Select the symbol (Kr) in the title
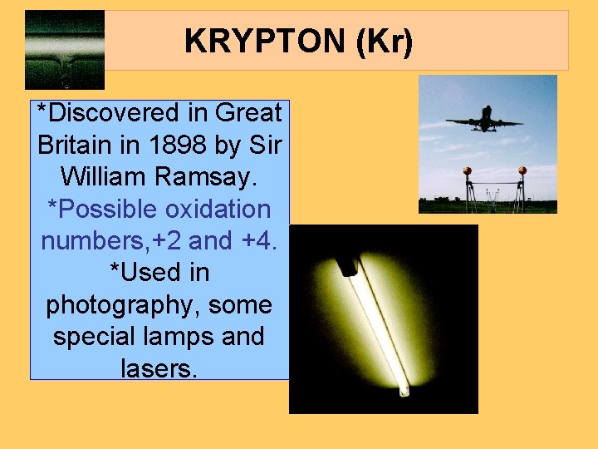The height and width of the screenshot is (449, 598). tap(383, 41)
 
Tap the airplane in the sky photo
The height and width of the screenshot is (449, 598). tap(484, 118)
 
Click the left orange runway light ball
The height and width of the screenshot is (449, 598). tap(468, 171)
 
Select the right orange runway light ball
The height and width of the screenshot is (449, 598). tap(522, 171)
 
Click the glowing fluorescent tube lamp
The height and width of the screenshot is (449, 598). tap(378, 329)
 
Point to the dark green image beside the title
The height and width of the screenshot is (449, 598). tap(65, 49)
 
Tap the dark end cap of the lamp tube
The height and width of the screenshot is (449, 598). tap(345, 266)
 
